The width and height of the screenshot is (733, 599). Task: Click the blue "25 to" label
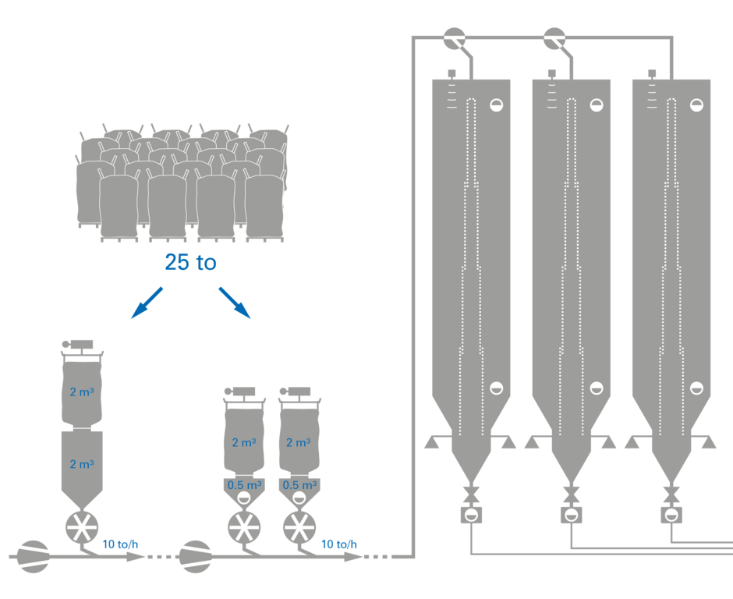[x=190, y=263]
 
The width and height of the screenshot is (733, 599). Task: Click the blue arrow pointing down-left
[x=147, y=303]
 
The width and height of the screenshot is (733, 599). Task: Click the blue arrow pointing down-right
[x=235, y=303]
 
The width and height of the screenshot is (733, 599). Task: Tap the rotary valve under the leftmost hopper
[x=82, y=528]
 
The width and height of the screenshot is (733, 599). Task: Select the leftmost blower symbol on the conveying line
[x=34, y=556]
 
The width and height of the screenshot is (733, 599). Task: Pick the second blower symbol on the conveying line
[x=196, y=556]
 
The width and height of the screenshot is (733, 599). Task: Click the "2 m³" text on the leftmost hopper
[x=82, y=464]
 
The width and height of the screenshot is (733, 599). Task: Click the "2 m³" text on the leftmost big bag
[x=82, y=392]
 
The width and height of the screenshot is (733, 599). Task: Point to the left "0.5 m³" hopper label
[x=243, y=484]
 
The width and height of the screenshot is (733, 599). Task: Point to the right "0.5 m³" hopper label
[x=298, y=484]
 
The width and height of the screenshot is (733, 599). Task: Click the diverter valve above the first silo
[x=454, y=37]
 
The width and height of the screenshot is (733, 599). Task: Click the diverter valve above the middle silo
[x=554, y=37]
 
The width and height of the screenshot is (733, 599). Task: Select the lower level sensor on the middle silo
[x=597, y=388]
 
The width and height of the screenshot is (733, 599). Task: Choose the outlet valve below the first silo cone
[x=471, y=494]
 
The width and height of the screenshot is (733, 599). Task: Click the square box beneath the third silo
[x=671, y=515]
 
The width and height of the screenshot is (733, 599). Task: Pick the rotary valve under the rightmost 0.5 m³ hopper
[x=298, y=528]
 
